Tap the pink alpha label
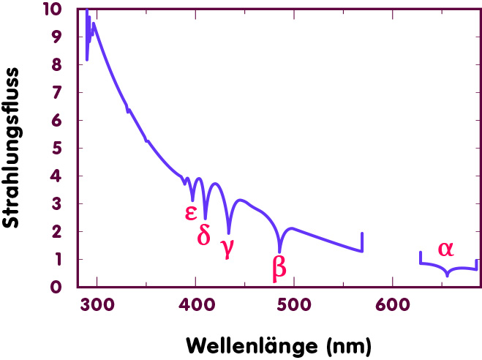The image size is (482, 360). point(445,248)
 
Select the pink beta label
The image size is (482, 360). point(279,267)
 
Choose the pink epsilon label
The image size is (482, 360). point(190,211)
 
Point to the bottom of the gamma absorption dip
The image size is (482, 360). point(229,232)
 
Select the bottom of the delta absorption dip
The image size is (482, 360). point(206,217)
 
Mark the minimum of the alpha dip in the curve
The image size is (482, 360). point(448,275)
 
